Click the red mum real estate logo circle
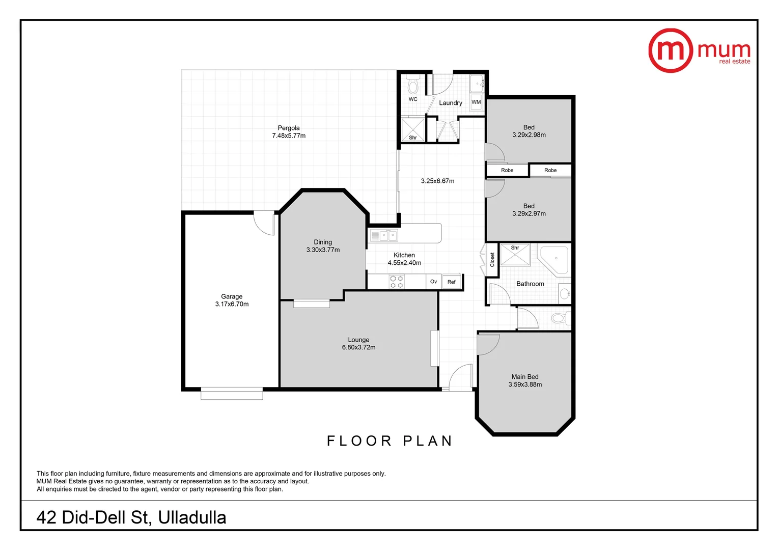(670, 50)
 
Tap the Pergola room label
(289, 128)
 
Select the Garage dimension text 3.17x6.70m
(232, 304)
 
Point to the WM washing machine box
(476, 102)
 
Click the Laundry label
(451, 103)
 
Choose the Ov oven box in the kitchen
(433, 282)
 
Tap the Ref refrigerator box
(452, 282)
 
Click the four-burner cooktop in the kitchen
(397, 282)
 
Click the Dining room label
(323, 242)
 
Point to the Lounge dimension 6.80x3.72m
(358, 347)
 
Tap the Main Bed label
(525, 377)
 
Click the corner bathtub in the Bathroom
(554, 259)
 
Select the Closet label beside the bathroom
(492, 260)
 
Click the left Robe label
(507, 170)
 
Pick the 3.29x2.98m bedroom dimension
(529, 135)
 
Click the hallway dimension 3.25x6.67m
(437, 181)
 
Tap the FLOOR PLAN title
(390, 441)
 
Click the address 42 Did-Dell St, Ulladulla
(131, 517)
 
